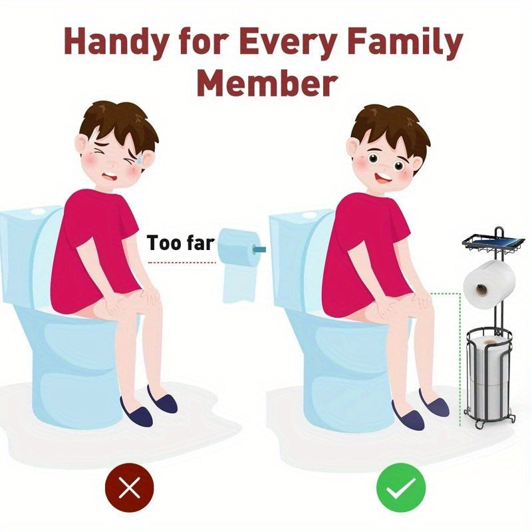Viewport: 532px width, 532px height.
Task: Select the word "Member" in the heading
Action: pos(266,84)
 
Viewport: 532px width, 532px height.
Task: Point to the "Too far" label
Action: pos(180,243)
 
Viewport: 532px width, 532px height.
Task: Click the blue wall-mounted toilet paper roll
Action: pos(238,248)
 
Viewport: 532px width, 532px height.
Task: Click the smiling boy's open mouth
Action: pos(383,180)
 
